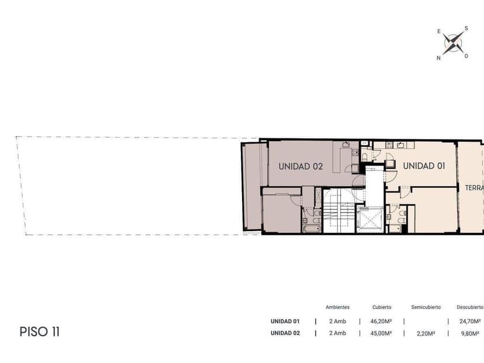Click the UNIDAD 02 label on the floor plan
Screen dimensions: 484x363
[x=300, y=166]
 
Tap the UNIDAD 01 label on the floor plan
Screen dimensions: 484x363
[x=424, y=166]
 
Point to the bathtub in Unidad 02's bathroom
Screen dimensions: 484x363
[x=311, y=228]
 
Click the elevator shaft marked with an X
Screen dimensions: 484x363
[x=369, y=220]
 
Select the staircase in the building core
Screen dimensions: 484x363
[x=339, y=211]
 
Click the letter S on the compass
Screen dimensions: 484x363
[x=466, y=28]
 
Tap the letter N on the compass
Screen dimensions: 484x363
[x=438, y=58]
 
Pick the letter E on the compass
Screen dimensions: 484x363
[x=439, y=31]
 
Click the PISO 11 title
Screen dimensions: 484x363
[x=40, y=332]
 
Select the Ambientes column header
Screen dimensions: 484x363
[x=338, y=307]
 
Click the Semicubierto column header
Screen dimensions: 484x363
[x=426, y=307]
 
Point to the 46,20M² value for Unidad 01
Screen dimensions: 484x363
[x=381, y=321]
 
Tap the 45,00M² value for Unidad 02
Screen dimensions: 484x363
[x=381, y=333]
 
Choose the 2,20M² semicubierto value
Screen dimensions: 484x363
[x=426, y=333]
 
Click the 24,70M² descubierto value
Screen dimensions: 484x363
[x=470, y=321]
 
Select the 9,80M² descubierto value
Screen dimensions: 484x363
[x=470, y=333]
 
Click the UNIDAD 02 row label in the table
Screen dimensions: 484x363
[x=285, y=333]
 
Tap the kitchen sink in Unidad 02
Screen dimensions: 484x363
[x=346, y=145]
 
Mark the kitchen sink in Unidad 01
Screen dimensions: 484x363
[x=400, y=145]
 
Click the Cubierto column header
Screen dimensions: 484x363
[x=382, y=307]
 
